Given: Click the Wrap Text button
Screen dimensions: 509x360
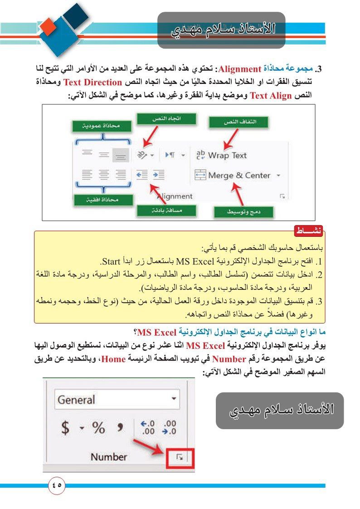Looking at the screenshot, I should click(221, 155).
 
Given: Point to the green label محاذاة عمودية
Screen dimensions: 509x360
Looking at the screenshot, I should click(102, 127).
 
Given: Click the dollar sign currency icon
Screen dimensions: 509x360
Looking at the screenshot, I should click(66, 427).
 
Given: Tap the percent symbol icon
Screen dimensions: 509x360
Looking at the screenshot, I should click(98, 427).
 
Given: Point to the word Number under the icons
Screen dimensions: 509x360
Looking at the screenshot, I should click(109, 457).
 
